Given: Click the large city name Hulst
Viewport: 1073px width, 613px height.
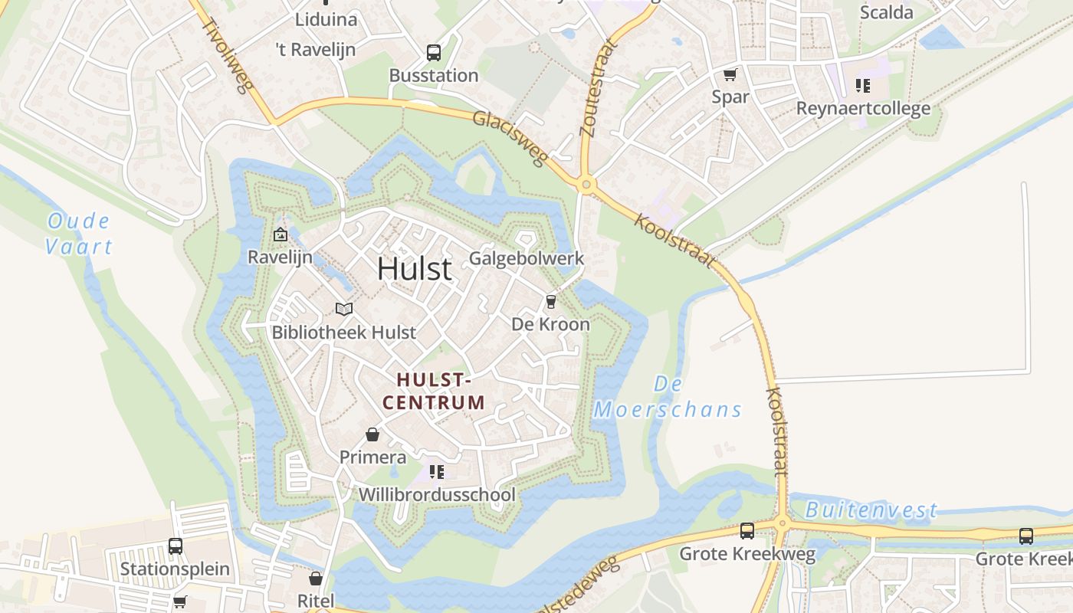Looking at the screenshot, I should pos(414,269).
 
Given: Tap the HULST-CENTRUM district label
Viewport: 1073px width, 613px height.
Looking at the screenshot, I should pos(434,391).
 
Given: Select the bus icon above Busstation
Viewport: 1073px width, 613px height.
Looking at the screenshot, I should pos(434,53).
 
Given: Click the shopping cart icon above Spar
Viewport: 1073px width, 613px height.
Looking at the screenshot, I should pos(730,74).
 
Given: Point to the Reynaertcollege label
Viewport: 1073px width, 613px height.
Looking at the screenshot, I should pos(863,108).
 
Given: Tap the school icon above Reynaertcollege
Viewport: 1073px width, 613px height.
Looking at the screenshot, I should pos(863,85).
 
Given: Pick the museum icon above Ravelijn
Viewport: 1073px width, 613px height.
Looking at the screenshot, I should pos(280,235).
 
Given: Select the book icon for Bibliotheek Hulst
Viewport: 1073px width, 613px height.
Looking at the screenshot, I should pos(344,309).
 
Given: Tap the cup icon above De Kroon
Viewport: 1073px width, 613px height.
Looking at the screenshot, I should pos(550,301).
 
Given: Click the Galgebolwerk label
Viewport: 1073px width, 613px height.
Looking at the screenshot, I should pos(527,258).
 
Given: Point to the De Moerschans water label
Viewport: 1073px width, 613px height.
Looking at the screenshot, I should pos(668,397).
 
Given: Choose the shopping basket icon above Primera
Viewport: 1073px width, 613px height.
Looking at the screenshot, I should pos(372,434).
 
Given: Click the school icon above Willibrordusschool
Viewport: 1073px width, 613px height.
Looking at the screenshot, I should pos(437,471).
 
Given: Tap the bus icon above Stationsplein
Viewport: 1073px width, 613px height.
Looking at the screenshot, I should pos(175,546).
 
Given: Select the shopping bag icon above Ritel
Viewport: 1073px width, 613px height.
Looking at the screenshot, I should pos(316,578).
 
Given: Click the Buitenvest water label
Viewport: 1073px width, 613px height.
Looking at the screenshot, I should pos(871,510).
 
